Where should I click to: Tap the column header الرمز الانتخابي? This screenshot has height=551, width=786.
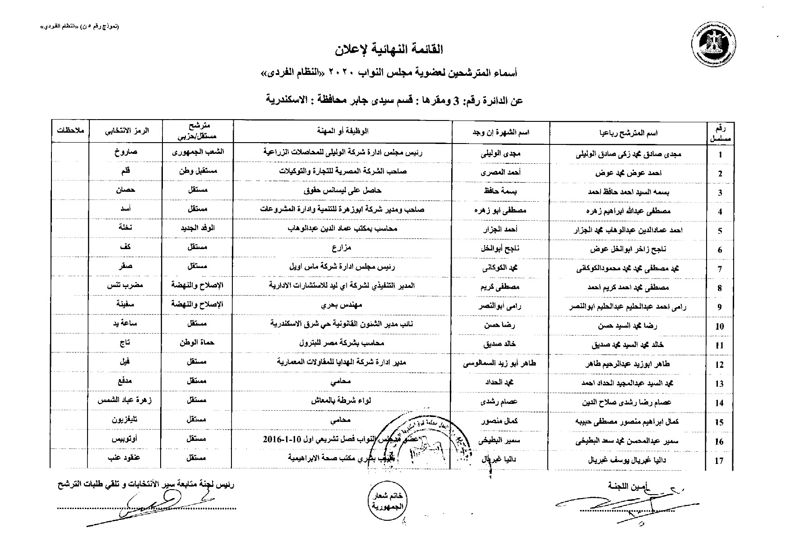coord(126,131)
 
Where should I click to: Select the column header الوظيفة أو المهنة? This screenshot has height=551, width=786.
coord(342,131)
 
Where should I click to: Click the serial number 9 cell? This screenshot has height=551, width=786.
coord(720,307)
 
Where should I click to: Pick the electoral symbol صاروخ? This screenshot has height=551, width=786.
coord(126,153)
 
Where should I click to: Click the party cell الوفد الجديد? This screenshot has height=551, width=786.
coord(197,228)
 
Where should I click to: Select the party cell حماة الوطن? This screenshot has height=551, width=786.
coord(197,343)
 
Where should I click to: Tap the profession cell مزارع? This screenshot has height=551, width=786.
coord(342,248)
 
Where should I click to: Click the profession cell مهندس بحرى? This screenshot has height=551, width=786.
coord(342,305)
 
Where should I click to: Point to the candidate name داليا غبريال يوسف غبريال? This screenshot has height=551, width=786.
coord(628,460)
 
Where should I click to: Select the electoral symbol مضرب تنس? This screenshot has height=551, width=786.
coord(125,286)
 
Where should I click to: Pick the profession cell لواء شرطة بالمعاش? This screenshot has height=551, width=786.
coord(342,400)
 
